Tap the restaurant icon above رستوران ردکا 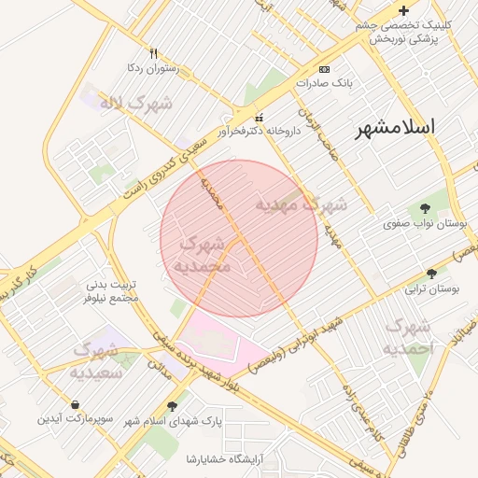(x=154, y=53)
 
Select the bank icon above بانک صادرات (x=324, y=69)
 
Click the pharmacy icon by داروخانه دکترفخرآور (x=259, y=117)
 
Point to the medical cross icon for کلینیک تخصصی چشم (x=403, y=10)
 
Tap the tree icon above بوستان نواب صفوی (x=426, y=208)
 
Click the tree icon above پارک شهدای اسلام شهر (x=172, y=405)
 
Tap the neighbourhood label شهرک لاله (x=136, y=103)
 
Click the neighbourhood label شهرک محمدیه (x=202, y=255)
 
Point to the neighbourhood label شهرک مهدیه (x=302, y=204)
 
